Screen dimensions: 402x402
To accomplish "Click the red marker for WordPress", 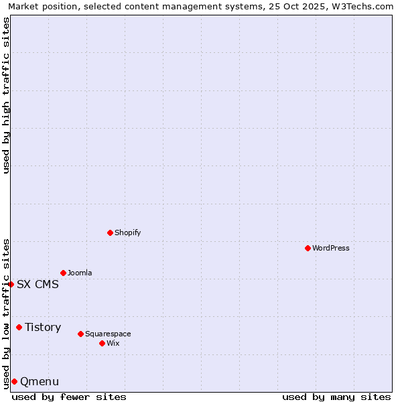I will (x=308, y=248).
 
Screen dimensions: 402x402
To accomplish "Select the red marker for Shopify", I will (x=110, y=232).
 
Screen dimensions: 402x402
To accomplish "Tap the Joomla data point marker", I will (x=63, y=273).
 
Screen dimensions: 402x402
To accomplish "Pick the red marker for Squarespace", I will (x=80, y=334).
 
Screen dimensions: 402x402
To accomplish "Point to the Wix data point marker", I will (x=102, y=343).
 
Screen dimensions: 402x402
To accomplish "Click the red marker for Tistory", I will (x=19, y=327).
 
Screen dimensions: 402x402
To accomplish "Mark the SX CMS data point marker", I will (x=11, y=284).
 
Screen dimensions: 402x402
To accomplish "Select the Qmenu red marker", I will (x=14, y=381).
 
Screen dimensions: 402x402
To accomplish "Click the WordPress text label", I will (x=331, y=249).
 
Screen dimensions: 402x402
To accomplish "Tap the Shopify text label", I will (x=127, y=233).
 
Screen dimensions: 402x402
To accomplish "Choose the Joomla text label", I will (x=80, y=273).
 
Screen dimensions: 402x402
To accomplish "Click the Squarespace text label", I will (x=108, y=334).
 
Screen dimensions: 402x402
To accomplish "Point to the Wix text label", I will (x=113, y=344).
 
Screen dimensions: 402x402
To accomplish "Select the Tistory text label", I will (x=43, y=328).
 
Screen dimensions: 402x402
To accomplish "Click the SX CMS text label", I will (x=38, y=285).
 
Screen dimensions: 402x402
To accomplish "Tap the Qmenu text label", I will (x=40, y=382).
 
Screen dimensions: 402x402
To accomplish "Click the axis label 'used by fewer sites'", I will (x=69, y=397).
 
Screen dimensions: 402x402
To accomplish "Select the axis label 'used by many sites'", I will (x=336, y=397).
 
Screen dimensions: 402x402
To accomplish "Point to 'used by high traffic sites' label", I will (x=6, y=95).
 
